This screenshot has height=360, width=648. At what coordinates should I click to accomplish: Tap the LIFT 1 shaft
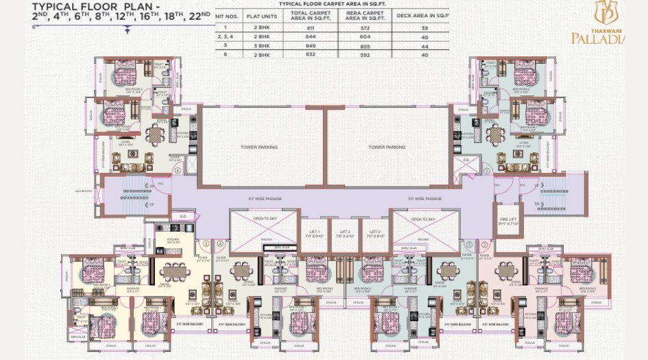[315, 234]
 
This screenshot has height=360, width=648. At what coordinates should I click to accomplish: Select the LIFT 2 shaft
[345, 234]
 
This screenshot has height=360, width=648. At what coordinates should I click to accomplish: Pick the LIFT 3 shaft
[374, 234]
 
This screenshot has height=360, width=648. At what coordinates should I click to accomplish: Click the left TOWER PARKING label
[259, 147]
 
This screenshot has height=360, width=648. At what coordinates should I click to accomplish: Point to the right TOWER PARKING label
[387, 147]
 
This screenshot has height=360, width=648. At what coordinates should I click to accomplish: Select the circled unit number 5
[206, 242]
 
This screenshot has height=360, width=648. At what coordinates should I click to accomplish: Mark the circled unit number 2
[484, 243]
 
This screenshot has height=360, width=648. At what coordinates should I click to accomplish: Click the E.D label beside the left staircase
[182, 216]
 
